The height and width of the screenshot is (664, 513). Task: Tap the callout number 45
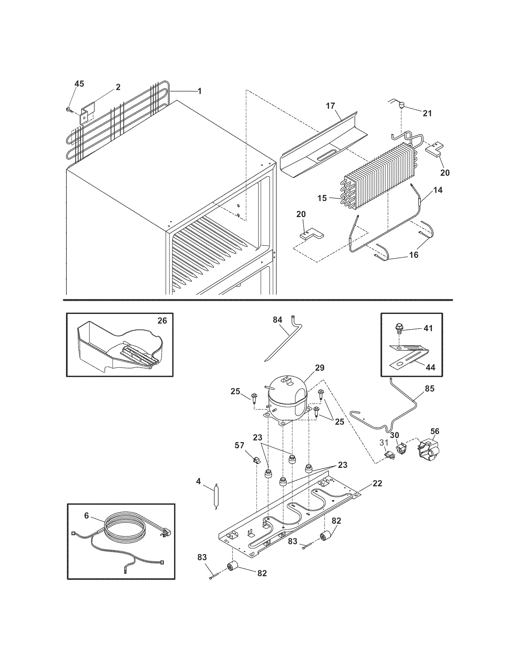pyautogui.click(x=79, y=84)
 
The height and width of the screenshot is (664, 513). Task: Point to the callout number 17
pyautogui.click(x=331, y=106)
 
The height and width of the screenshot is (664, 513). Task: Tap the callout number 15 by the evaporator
pyautogui.click(x=322, y=198)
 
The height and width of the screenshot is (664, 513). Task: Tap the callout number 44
pyautogui.click(x=430, y=367)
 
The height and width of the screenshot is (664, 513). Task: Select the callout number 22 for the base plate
pyautogui.click(x=377, y=483)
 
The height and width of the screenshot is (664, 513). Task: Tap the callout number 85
pyautogui.click(x=430, y=389)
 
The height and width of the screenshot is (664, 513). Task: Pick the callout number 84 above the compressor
pyautogui.click(x=277, y=320)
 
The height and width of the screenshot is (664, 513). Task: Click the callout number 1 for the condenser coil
pyautogui.click(x=199, y=91)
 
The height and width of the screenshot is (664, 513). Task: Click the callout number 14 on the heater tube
pyautogui.click(x=438, y=190)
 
